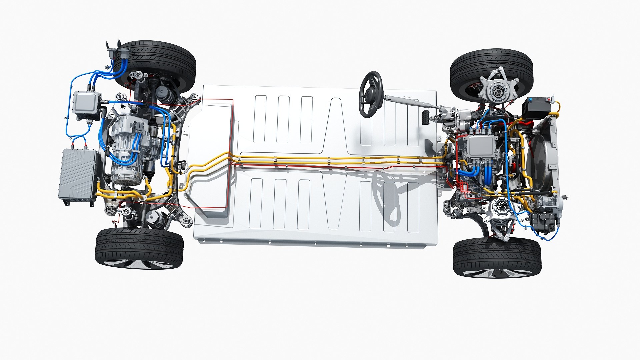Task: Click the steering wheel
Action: tap(371, 94)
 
